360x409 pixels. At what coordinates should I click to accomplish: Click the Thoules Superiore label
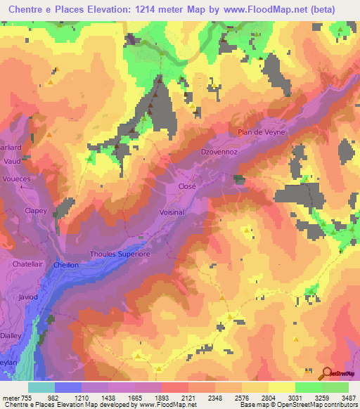(x=120, y=254)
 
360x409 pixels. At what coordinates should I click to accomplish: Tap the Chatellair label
(x=29, y=264)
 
